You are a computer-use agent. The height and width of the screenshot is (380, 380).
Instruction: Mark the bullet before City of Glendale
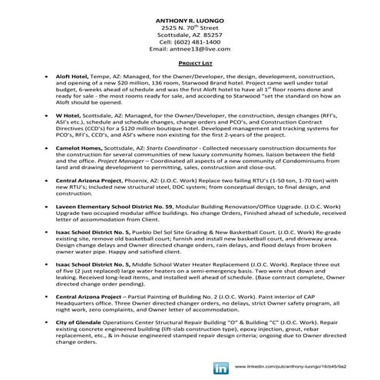(48, 321)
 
